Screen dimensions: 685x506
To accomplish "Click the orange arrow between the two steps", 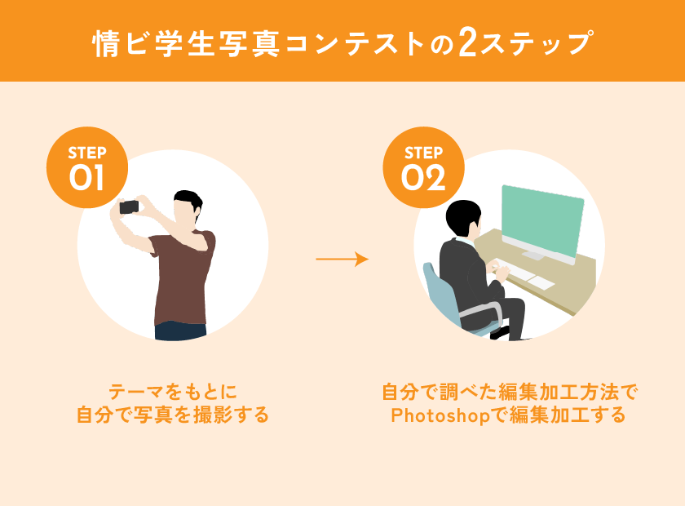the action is (x=342, y=259).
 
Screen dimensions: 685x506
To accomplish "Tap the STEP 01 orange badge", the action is (x=87, y=167).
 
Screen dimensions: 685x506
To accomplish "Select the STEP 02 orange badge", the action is (x=423, y=167).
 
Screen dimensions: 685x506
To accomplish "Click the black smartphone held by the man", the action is (x=129, y=206).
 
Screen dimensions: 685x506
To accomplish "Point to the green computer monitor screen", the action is (x=543, y=222).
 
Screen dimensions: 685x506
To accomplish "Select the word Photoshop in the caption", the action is (x=440, y=415).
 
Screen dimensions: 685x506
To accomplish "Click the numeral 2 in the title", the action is (x=467, y=43).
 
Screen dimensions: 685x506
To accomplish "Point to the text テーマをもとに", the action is (x=173, y=392).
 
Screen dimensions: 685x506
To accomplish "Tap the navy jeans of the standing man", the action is (x=180, y=331).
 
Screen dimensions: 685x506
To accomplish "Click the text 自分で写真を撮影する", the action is (x=173, y=415).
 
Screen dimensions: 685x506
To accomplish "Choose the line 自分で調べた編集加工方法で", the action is (x=510, y=392).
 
